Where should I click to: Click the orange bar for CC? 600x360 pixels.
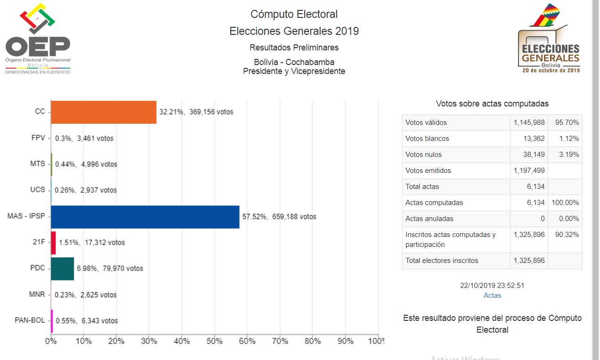click(x=103, y=112)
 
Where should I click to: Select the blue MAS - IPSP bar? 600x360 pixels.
click(x=145, y=217)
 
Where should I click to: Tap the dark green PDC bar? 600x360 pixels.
click(x=62, y=269)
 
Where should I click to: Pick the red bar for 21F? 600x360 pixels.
click(x=53, y=243)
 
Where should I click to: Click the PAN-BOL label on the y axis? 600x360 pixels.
click(x=30, y=320)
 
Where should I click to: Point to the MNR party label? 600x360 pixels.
click(x=36, y=295)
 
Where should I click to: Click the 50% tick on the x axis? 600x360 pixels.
click(x=214, y=341)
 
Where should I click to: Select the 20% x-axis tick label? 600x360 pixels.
click(x=116, y=341)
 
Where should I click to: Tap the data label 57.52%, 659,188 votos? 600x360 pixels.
click(x=279, y=217)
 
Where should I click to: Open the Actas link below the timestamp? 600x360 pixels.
click(x=492, y=295)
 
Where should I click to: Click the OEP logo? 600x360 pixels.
click(x=38, y=38)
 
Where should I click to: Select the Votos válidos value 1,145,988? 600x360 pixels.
click(x=529, y=123)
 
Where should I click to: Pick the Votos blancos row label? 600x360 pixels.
click(x=427, y=139)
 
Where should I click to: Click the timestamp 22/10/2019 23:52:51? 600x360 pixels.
click(x=492, y=286)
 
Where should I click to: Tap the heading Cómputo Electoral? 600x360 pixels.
click(x=294, y=14)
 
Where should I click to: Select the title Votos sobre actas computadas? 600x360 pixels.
click(x=492, y=104)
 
